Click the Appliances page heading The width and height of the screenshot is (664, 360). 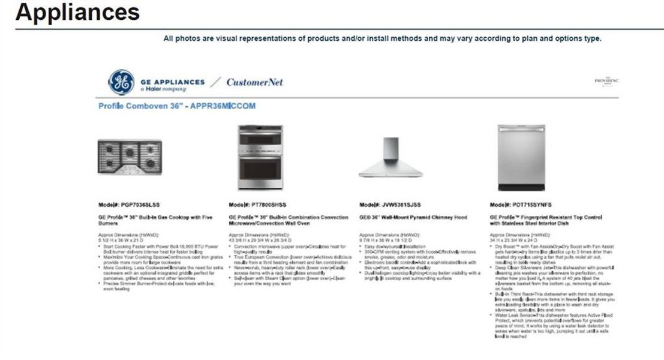[x=77, y=12]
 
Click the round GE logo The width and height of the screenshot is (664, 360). [x=121, y=82]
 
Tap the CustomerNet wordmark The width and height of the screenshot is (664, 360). [x=255, y=82]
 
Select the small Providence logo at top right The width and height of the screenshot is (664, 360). [x=606, y=81]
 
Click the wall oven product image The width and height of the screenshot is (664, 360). [x=260, y=150]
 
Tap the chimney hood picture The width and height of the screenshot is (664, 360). [x=390, y=157]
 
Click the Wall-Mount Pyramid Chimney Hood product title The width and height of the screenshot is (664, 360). [x=413, y=217]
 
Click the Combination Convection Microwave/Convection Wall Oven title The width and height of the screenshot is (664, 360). [x=288, y=220]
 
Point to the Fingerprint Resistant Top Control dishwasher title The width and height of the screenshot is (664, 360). [x=545, y=220]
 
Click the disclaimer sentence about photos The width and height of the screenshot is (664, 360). [x=382, y=38]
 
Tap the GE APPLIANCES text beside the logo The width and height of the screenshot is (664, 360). [x=172, y=82]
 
